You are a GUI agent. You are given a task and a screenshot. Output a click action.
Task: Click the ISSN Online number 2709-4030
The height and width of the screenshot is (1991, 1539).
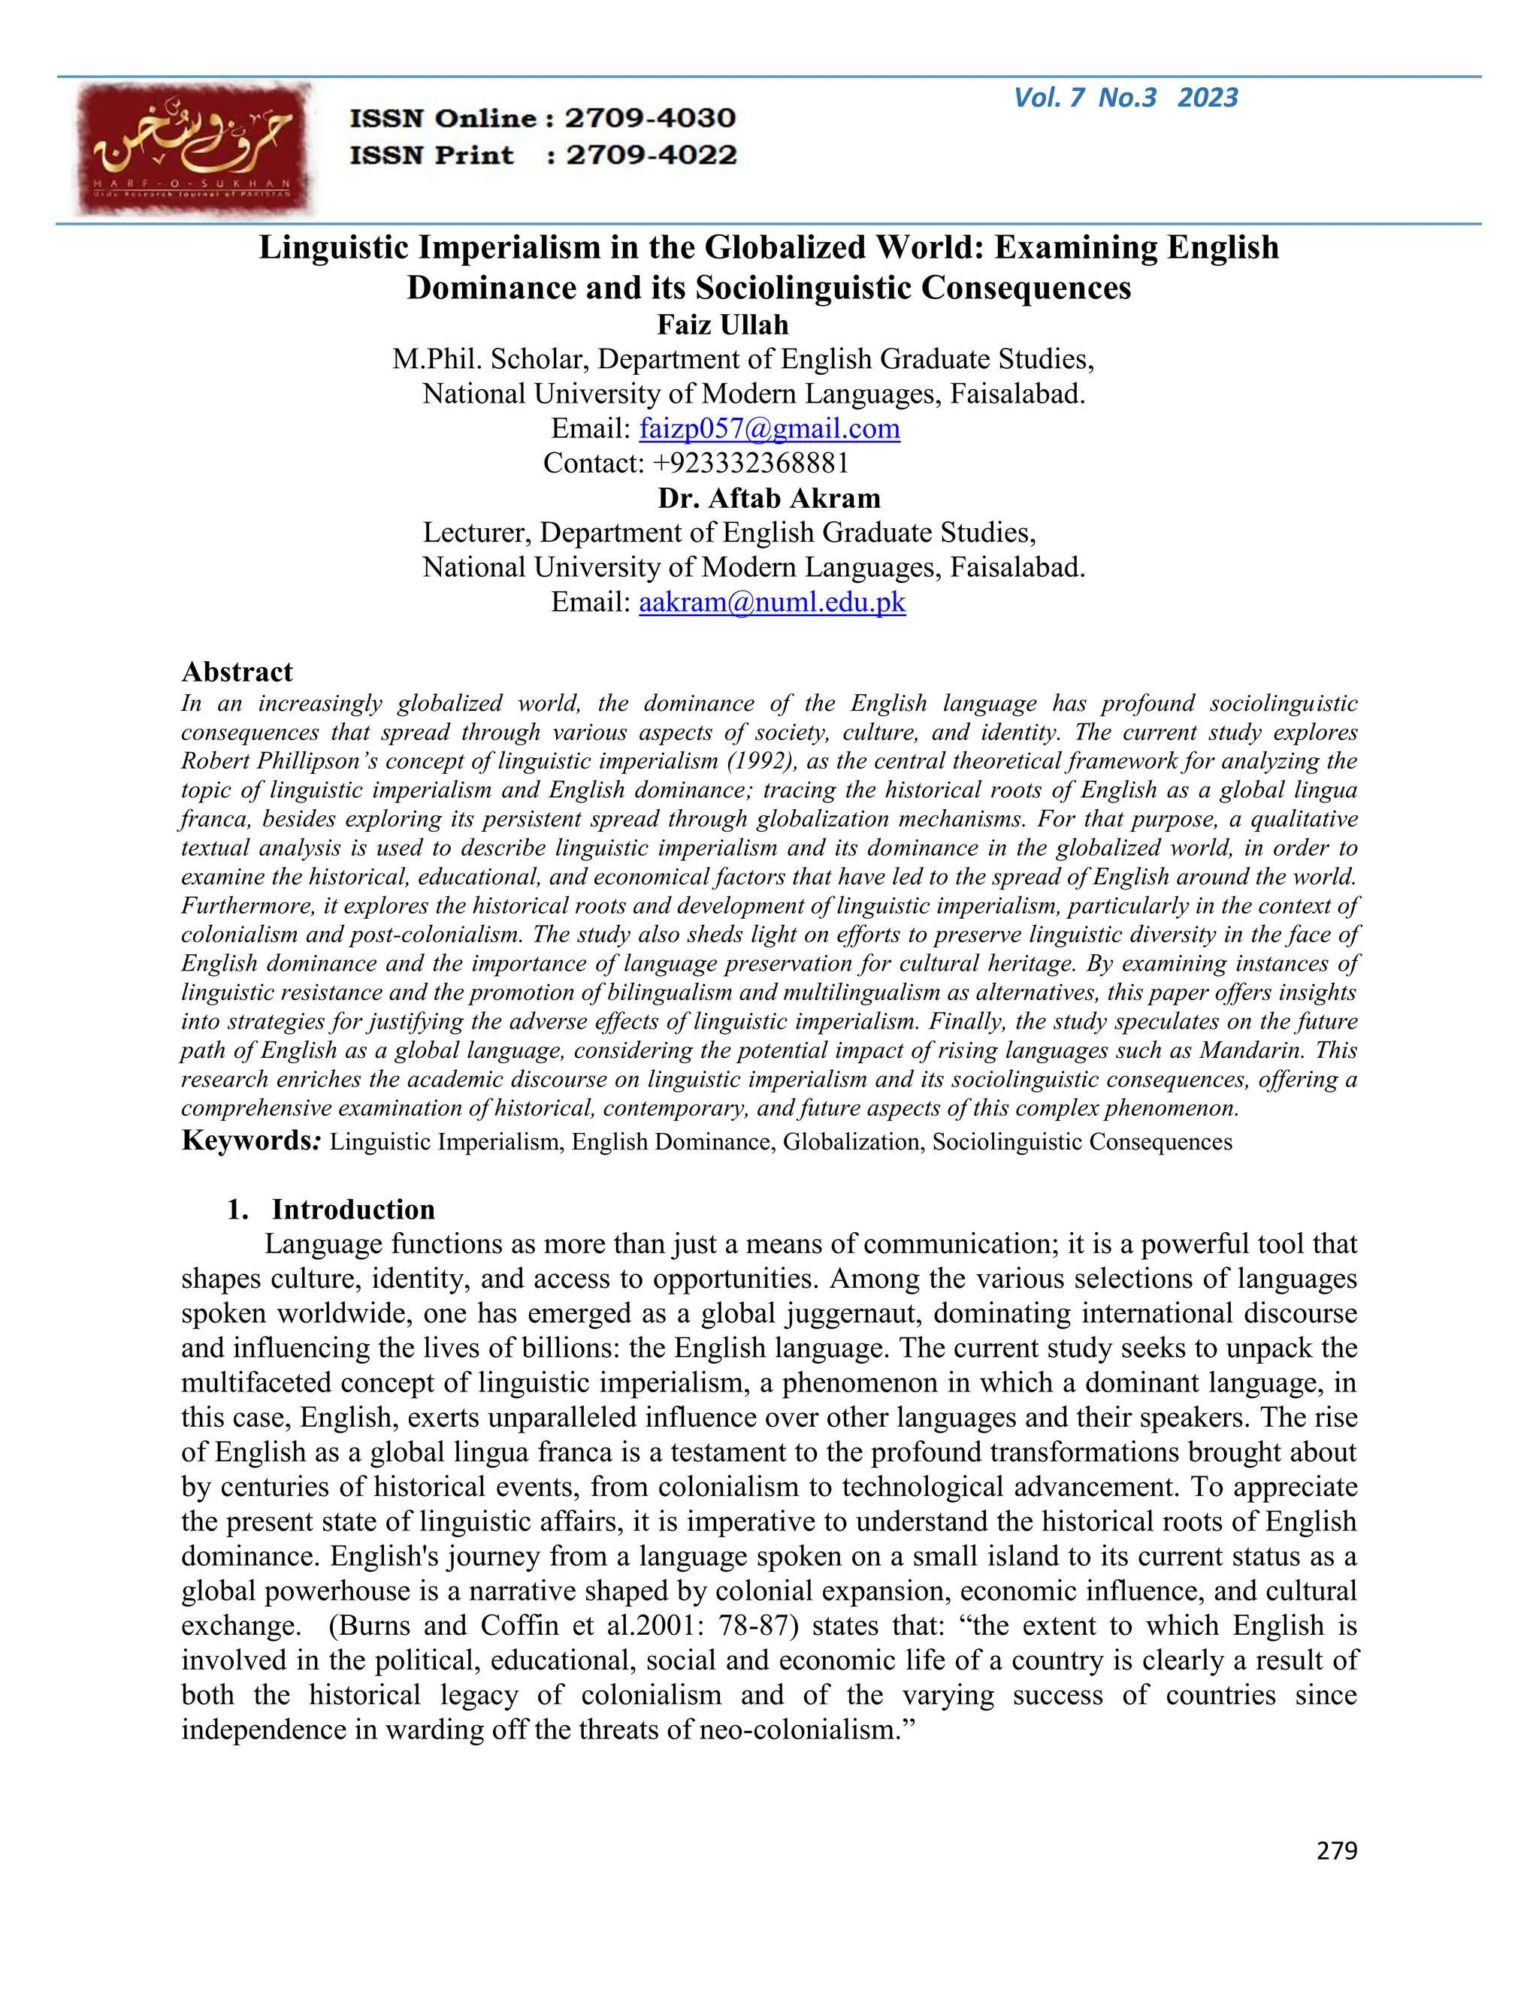(x=650, y=119)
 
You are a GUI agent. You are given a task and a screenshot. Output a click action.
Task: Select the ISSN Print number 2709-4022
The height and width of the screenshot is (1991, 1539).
(x=651, y=155)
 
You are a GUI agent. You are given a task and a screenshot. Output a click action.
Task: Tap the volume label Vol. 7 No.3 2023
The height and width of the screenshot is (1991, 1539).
(x=1125, y=98)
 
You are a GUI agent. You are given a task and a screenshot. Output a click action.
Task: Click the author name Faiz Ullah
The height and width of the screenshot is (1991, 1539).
(x=722, y=325)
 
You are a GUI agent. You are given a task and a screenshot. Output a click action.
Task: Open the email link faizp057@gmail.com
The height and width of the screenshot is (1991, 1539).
(x=769, y=428)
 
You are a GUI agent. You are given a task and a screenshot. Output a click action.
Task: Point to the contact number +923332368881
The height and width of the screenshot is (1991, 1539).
(x=751, y=463)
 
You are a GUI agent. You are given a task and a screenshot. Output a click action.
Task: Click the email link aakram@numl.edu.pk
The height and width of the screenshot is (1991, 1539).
(x=773, y=602)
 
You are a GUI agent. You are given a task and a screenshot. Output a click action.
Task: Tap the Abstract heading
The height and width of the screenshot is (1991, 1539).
(x=237, y=672)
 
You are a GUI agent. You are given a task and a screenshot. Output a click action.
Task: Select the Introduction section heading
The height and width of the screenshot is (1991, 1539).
(x=353, y=1210)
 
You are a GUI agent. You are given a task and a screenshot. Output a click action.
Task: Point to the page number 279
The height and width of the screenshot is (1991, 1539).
(x=1337, y=1851)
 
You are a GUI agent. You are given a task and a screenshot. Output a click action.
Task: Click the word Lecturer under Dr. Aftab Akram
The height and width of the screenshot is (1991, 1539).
(x=474, y=533)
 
